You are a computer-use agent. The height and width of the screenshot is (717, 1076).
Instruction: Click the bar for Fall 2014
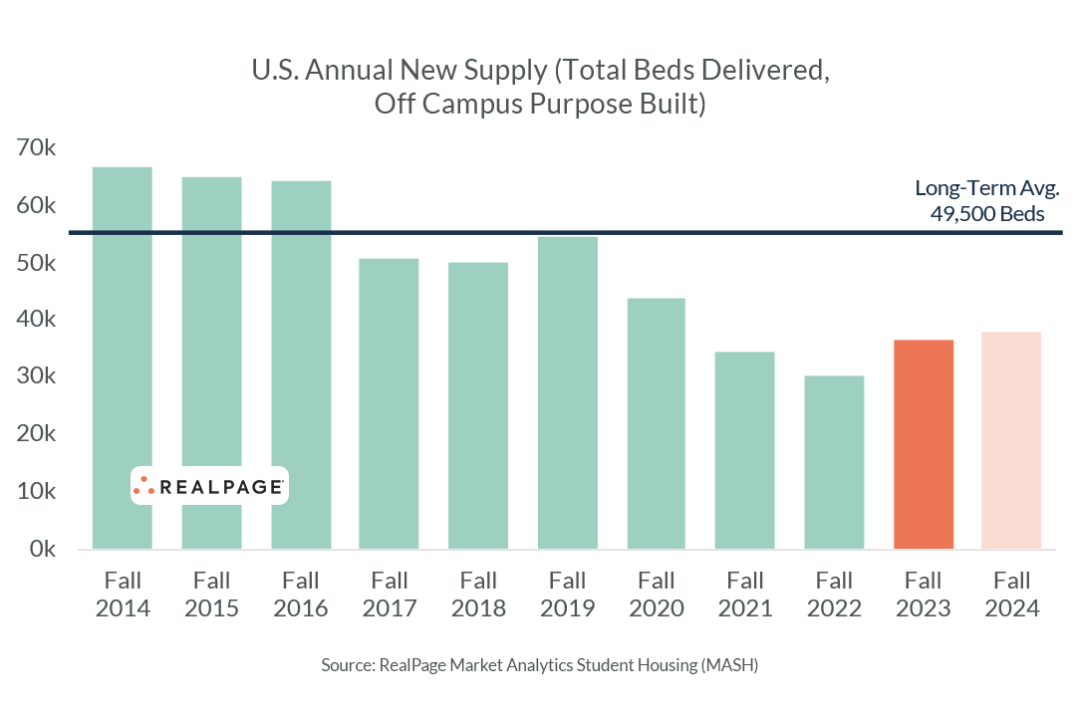(122, 358)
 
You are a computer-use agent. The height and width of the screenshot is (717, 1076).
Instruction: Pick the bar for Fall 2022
(835, 462)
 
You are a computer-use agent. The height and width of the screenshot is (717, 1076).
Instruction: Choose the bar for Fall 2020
(657, 423)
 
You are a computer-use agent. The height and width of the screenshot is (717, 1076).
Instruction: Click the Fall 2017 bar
(389, 403)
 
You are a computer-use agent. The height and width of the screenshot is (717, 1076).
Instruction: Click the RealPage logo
(209, 486)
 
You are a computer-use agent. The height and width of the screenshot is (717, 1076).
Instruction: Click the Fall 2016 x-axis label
(300, 594)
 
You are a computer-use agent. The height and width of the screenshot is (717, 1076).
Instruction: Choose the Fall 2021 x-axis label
(745, 594)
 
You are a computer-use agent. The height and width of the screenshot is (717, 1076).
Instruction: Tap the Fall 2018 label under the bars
(478, 594)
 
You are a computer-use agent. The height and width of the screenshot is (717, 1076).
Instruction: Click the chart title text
(539, 88)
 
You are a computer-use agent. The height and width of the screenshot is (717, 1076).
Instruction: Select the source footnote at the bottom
(539, 664)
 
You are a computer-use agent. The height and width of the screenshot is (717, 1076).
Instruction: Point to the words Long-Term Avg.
(986, 188)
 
